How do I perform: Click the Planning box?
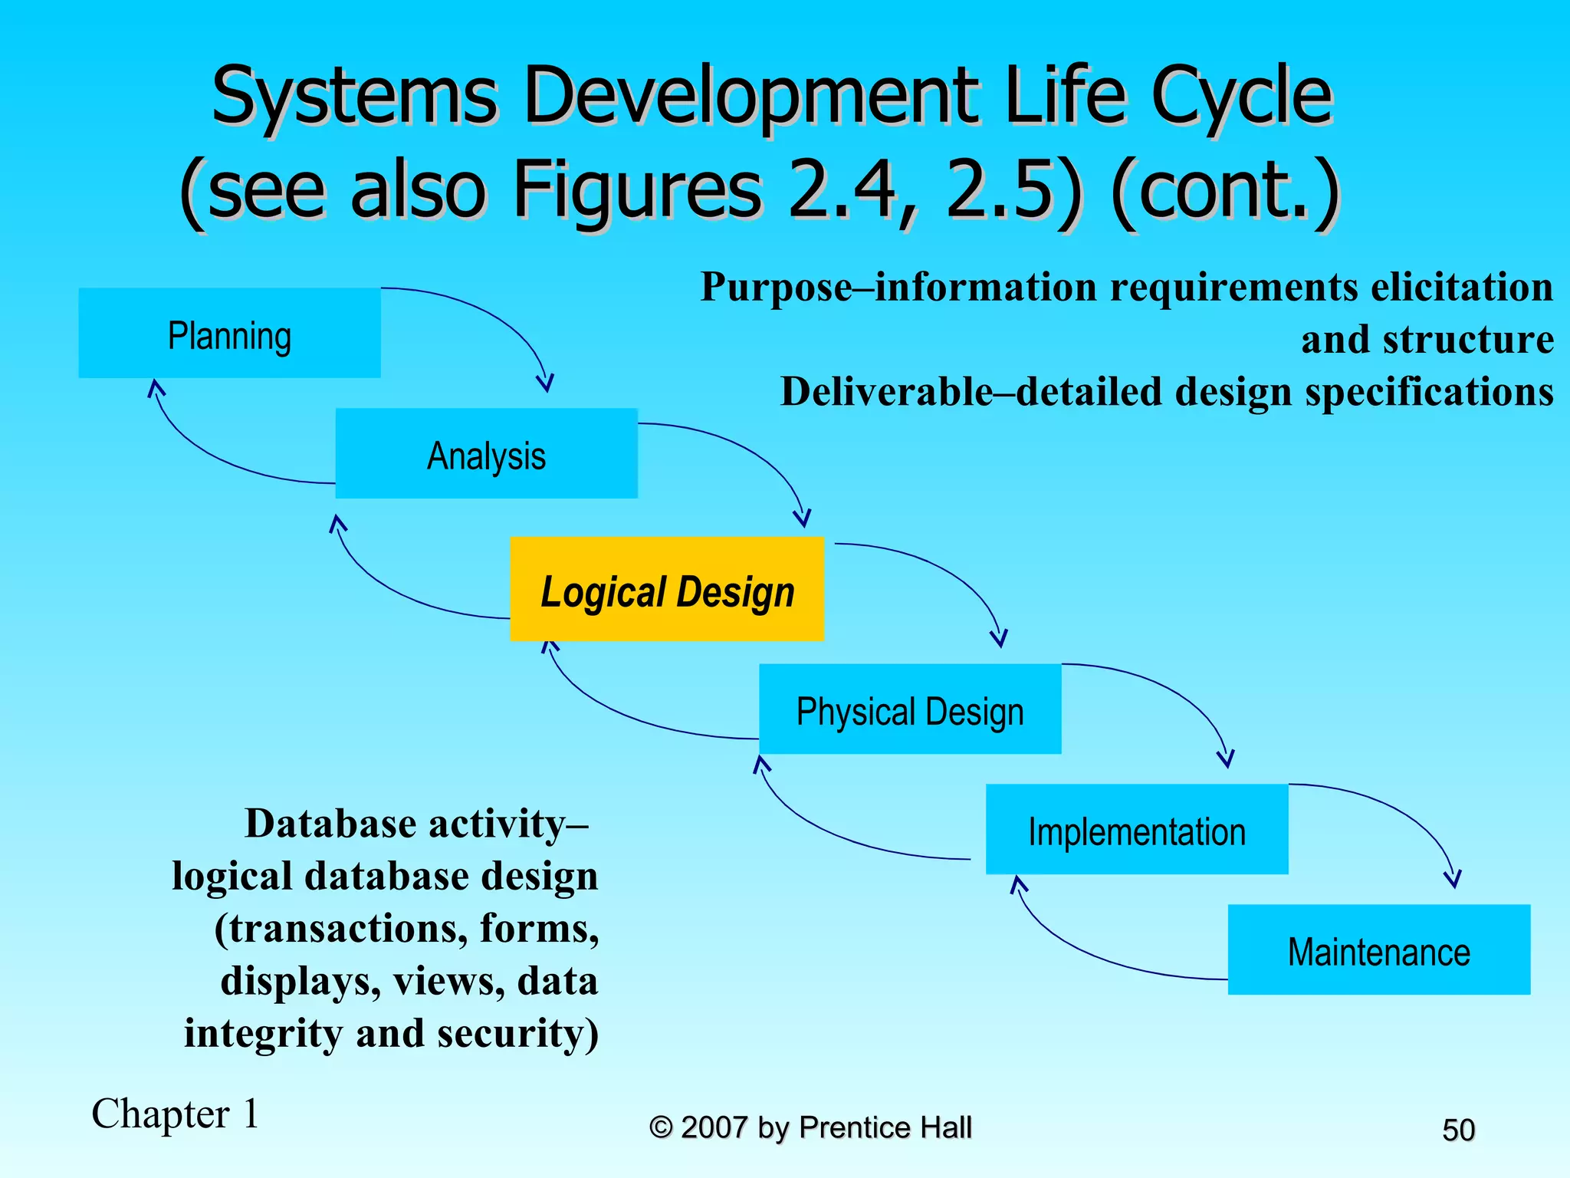tap(229, 333)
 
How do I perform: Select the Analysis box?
tap(486, 453)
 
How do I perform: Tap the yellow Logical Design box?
tap(667, 589)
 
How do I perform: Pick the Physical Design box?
tap(910, 709)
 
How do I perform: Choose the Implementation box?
tap(1136, 829)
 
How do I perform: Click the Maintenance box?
tap(1378, 949)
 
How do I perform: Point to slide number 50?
tap(1458, 1130)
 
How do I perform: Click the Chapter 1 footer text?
tap(175, 1114)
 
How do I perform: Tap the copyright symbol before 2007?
tap(661, 1127)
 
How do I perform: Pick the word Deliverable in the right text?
tap(886, 392)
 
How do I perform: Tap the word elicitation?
tap(1461, 287)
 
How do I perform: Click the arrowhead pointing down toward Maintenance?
tap(1452, 880)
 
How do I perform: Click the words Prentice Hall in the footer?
tap(885, 1127)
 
